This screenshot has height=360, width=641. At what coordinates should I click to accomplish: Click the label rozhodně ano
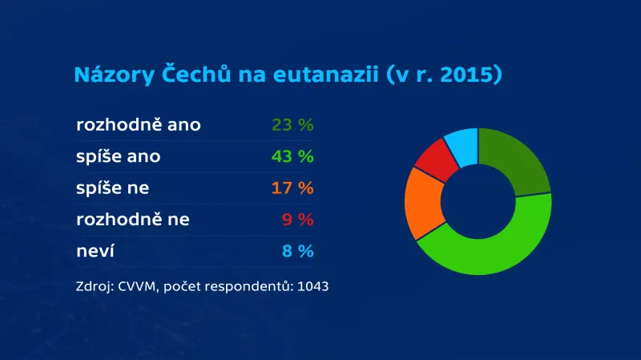[139, 125]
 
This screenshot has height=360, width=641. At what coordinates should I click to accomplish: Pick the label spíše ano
[119, 156]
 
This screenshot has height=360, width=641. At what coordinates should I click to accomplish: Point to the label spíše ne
[113, 188]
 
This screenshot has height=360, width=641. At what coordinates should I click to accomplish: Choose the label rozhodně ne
[133, 220]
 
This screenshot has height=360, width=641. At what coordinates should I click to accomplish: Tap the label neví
[95, 251]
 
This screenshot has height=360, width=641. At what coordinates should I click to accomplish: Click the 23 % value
[292, 125]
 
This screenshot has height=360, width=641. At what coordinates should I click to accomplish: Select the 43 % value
[292, 156]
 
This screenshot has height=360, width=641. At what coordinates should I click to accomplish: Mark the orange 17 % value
[292, 188]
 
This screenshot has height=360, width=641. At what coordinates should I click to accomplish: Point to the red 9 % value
[298, 220]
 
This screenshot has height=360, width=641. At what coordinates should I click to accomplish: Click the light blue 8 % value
[298, 251]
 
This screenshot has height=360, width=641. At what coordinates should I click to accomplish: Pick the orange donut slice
[422, 205]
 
